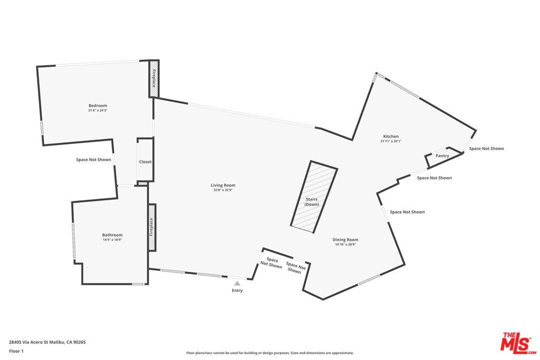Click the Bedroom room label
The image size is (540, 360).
[x=98, y=105]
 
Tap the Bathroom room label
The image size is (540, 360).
[x=112, y=235]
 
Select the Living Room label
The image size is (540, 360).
[x=223, y=185]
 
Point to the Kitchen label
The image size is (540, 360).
[x=391, y=137]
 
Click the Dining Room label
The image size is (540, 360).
[x=346, y=239]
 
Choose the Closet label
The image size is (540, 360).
[x=145, y=162]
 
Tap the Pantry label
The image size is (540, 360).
[x=442, y=155]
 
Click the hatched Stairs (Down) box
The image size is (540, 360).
[x=313, y=196]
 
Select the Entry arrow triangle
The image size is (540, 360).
[x=237, y=284]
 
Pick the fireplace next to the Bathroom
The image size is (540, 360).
[x=152, y=227]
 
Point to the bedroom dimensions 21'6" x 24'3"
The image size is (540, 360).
[x=98, y=111]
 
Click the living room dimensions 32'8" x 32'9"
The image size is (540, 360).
[x=223, y=190]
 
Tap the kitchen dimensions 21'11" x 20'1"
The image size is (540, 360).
[x=391, y=141]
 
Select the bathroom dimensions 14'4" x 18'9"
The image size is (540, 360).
[x=112, y=240]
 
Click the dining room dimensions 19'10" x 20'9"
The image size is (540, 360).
[x=346, y=244]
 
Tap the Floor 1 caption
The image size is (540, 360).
[x=16, y=351]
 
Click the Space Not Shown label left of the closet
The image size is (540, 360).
[x=93, y=160]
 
